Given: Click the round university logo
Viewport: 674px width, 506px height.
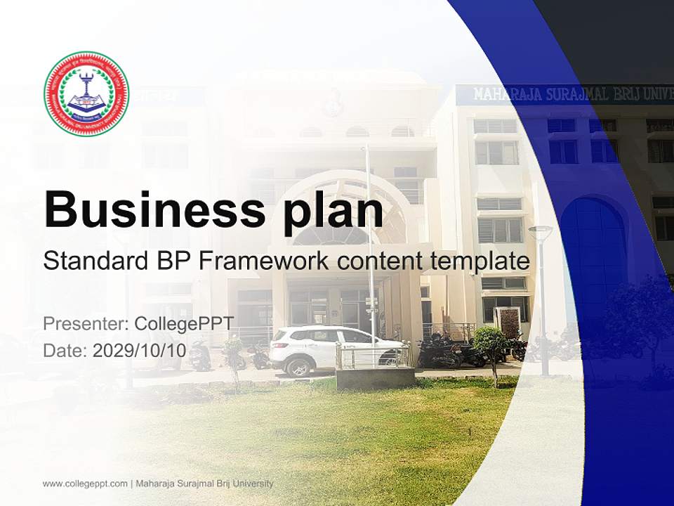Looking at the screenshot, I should tap(86, 93).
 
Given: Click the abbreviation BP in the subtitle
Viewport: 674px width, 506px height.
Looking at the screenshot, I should tap(171, 261).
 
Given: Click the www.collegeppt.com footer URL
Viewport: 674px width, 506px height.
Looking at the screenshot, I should tap(85, 484).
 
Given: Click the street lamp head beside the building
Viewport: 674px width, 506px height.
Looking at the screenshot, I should tap(540, 231).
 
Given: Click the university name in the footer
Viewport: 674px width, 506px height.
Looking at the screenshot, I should tap(204, 484).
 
